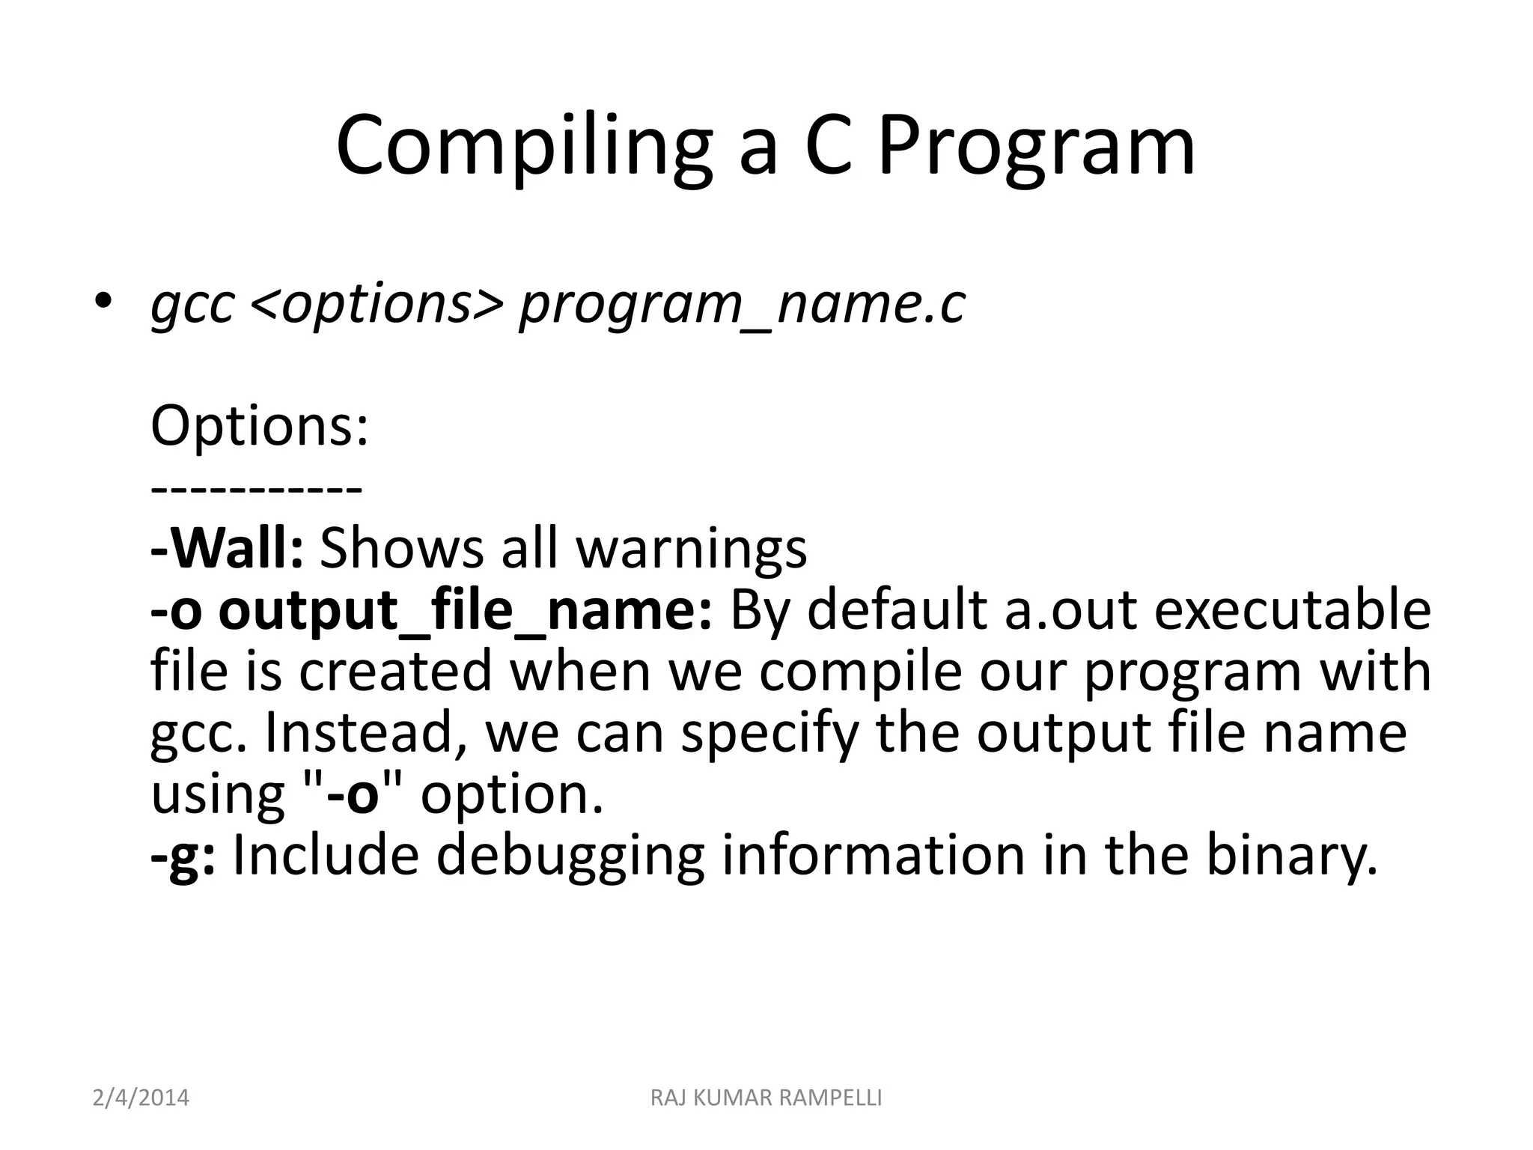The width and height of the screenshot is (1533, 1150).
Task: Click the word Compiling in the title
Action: pyautogui.click(x=524, y=146)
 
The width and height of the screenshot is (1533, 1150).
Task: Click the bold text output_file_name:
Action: pyautogui.click(x=465, y=611)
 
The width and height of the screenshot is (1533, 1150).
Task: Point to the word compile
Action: pyautogui.click(x=860, y=672)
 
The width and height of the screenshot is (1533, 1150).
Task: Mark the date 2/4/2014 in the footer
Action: pyautogui.click(x=141, y=1098)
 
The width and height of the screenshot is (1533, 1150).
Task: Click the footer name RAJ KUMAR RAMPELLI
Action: pyautogui.click(x=766, y=1098)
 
